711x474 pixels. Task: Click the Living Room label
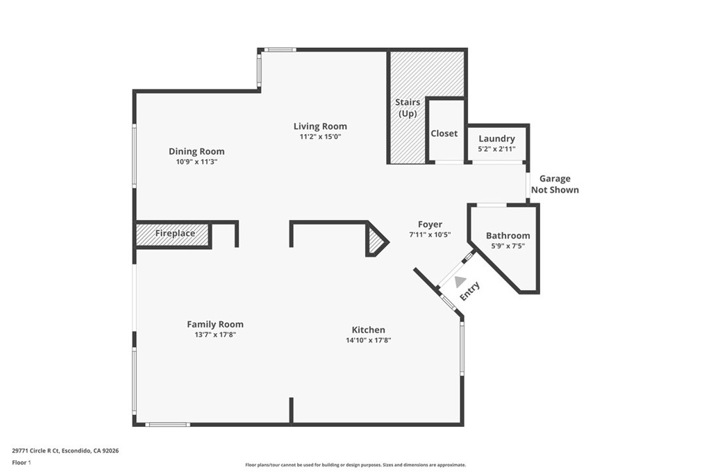point(319,126)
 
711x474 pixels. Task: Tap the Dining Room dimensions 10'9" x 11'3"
point(196,162)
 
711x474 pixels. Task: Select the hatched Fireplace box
point(174,234)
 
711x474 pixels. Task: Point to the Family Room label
point(215,324)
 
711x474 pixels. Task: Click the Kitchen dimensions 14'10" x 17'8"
point(368,340)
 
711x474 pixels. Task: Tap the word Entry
point(470,291)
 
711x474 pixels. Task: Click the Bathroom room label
point(508,235)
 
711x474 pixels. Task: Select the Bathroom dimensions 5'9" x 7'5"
point(508,246)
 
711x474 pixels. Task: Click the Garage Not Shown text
point(554,185)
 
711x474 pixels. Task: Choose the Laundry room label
point(496,139)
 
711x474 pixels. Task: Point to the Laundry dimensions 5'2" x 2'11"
point(496,149)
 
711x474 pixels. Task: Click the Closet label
point(444,133)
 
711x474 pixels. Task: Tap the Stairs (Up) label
point(408,108)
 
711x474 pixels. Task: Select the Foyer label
point(430,224)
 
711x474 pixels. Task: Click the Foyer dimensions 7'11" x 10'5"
point(430,235)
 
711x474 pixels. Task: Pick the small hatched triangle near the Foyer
point(376,241)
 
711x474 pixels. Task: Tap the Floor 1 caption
point(22,462)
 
